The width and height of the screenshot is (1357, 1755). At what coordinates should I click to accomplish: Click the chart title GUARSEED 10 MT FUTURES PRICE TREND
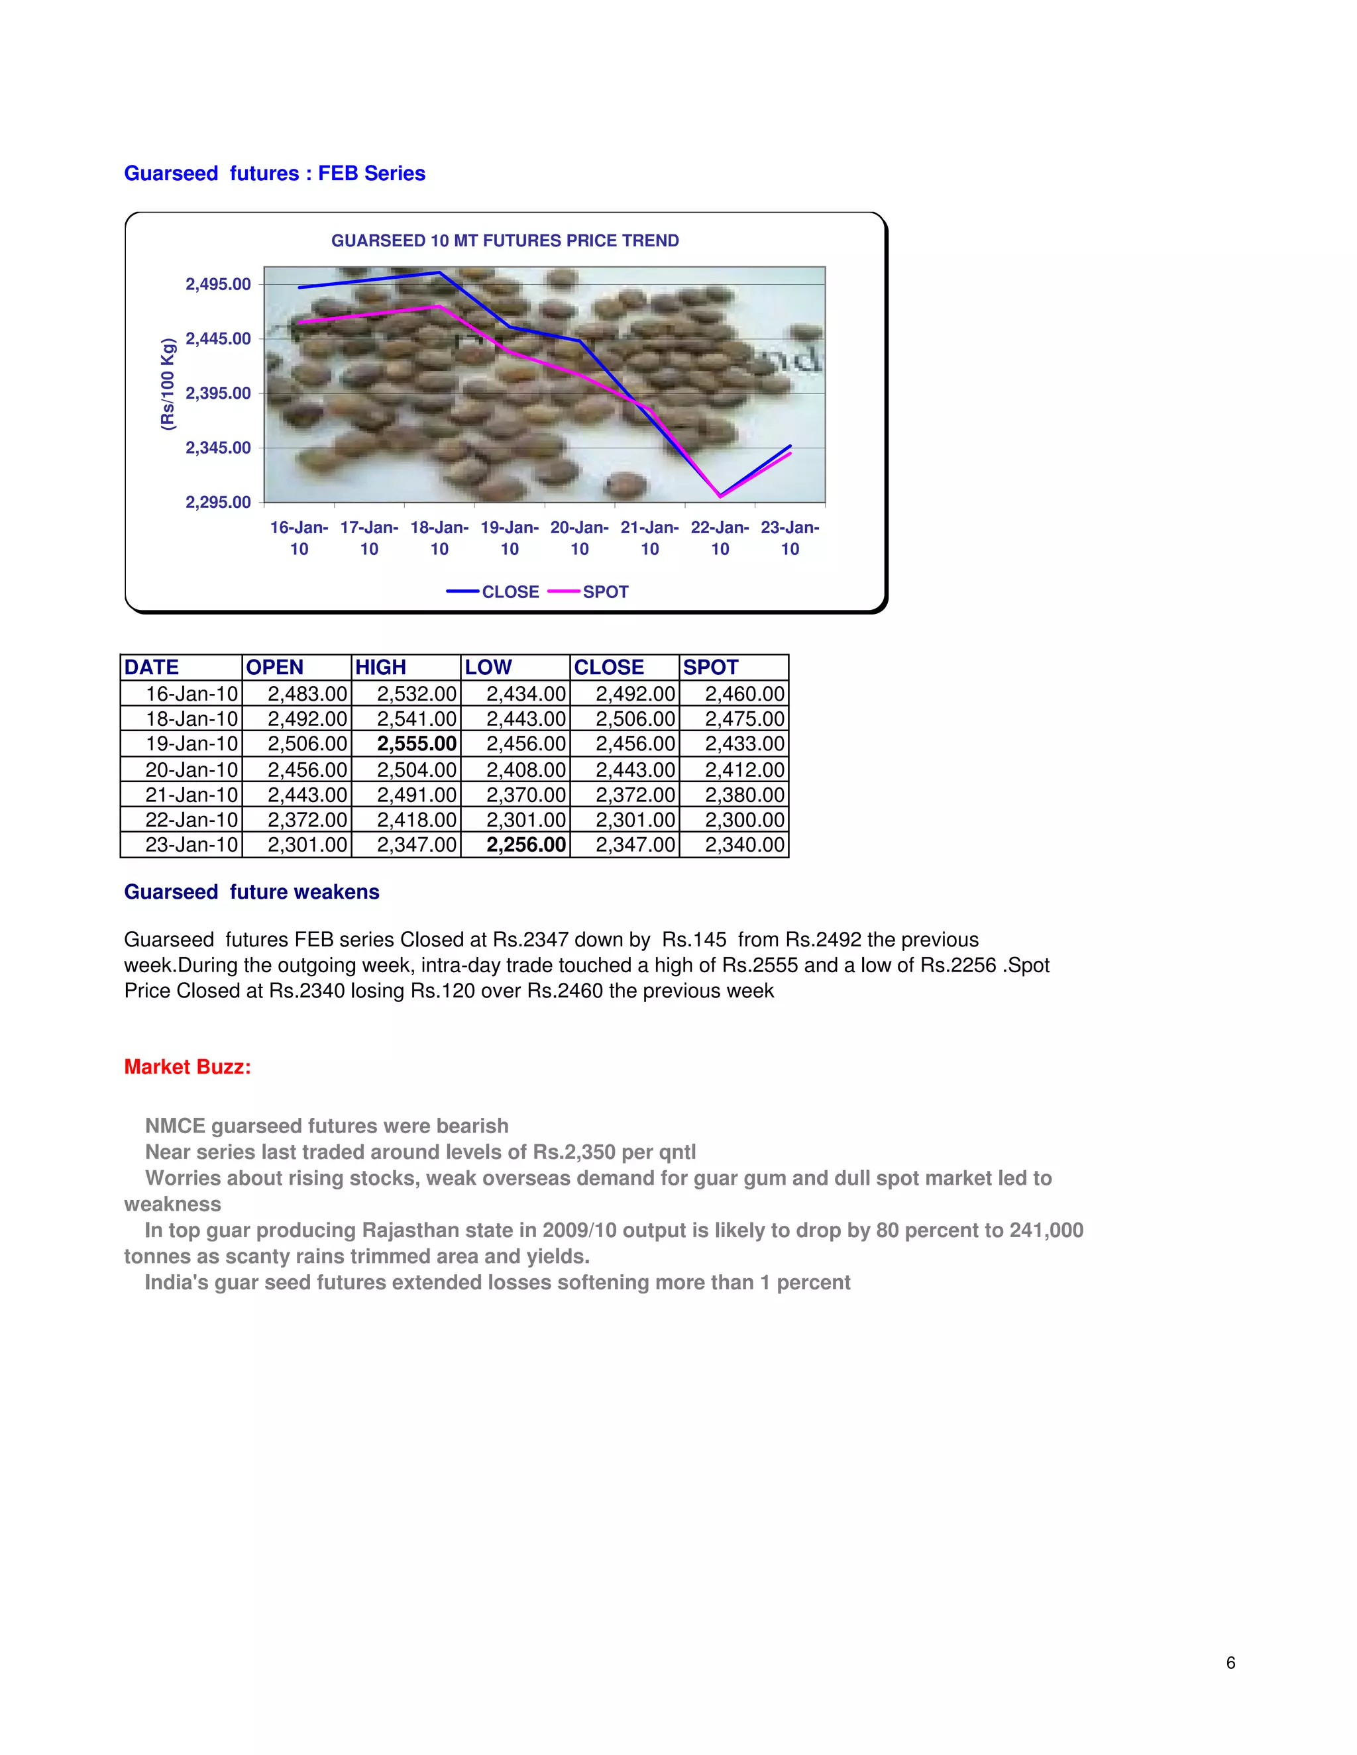coord(505,241)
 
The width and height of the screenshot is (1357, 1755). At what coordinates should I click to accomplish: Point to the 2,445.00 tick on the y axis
coord(218,339)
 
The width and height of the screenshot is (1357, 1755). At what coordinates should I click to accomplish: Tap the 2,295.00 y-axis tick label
coord(218,502)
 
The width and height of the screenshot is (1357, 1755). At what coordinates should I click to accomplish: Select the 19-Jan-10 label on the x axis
coord(509,538)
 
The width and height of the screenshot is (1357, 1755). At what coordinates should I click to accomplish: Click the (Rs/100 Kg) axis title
coord(167,384)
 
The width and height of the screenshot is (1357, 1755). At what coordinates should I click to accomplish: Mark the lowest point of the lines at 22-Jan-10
coord(720,496)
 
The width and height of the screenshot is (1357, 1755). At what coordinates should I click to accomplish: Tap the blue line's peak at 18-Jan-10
coord(439,274)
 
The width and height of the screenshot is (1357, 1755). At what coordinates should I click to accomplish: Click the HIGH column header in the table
coord(381,668)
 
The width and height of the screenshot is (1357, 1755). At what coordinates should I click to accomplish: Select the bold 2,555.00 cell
coord(416,744)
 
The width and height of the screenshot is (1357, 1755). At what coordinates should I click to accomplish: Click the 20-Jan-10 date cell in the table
coord(191,770)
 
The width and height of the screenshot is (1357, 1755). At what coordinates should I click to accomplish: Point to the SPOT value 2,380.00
coord(743,795)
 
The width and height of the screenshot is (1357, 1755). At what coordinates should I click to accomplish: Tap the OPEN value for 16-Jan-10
coord(307,694)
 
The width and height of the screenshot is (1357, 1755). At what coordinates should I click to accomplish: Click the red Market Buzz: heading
coord(188,1067)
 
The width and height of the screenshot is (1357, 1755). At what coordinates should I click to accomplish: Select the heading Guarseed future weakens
coord(252,892)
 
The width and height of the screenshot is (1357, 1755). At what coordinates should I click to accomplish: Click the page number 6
coord(1231,1662)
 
